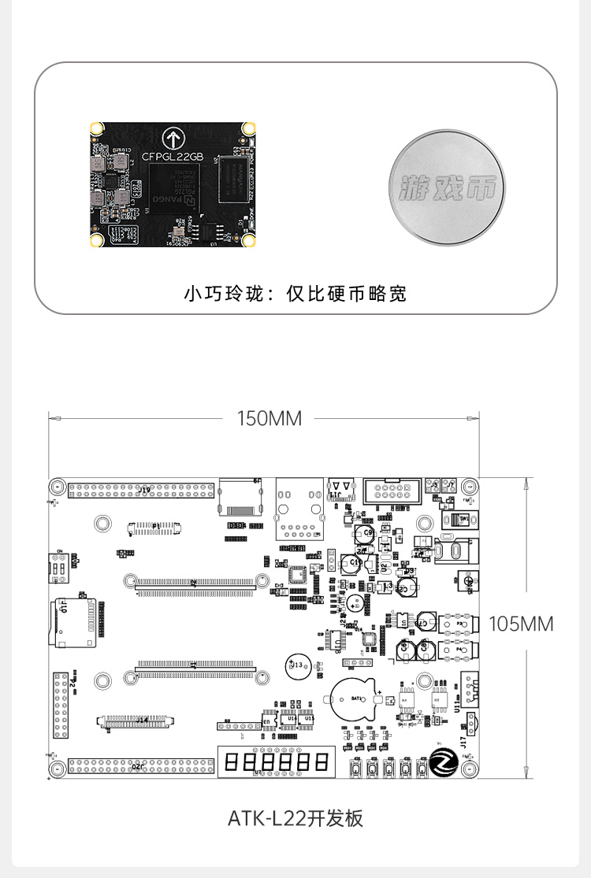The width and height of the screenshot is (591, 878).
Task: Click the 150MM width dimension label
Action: coord(269,419)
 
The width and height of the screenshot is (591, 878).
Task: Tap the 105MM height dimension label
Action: coord(521,624)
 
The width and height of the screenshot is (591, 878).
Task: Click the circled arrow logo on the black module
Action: coord(173,136)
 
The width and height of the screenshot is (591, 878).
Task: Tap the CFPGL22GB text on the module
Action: coord(173,157)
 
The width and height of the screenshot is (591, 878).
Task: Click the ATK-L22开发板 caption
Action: coord(295,818)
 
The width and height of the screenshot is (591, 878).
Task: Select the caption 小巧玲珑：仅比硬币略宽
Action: coord(295,295)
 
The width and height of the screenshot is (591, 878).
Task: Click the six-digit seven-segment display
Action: coord(276,761)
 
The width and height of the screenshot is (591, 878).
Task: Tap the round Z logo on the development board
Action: coord(444,762)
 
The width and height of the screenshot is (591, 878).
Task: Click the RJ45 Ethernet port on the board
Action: coord(299,508)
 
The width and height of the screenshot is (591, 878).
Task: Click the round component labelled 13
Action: coord(298,665)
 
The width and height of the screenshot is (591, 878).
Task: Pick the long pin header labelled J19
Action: coord(142,491)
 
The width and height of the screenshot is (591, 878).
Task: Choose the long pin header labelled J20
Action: coord(142,765)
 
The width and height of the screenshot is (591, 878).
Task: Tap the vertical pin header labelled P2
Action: coord(61,706)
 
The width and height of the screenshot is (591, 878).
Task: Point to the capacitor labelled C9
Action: coord(365,535)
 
